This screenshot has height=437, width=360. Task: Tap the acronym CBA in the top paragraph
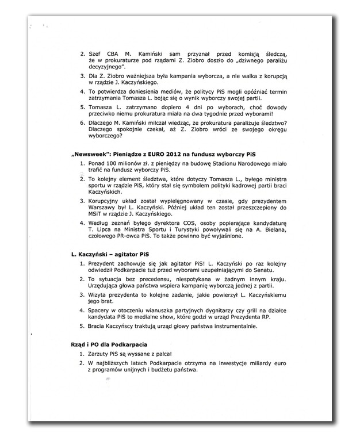point(115,59)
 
